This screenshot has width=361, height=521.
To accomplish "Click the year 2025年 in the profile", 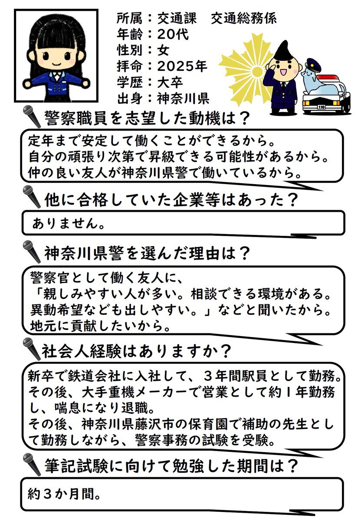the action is tap(182, 66).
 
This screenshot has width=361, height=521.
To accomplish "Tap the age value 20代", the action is tap(173, 35).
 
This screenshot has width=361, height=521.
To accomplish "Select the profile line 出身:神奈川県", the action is tap(163, 99).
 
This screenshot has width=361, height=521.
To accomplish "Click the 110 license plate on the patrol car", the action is tap(322, 107).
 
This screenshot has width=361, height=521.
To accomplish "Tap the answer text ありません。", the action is tap(68, 224).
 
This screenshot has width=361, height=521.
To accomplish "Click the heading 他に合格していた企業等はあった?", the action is tap(171, 200).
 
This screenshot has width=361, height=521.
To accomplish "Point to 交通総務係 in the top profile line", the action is tap(244, 18).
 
